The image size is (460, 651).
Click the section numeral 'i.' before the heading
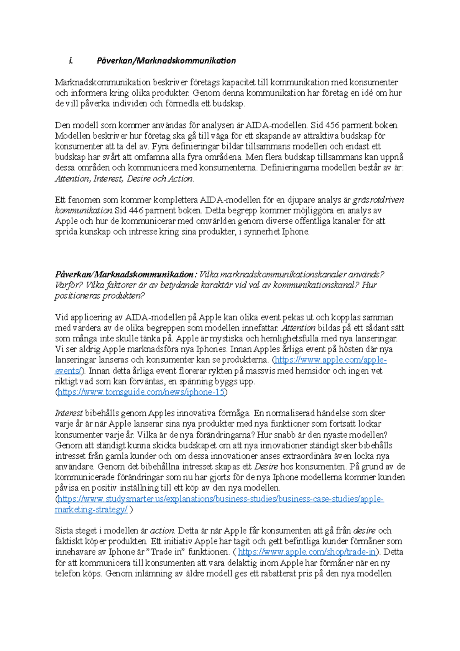pyautogui.click(x=71, y=61)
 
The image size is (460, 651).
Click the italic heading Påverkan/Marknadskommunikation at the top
pyautogui.click(x=166, y=61)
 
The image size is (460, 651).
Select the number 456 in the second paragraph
pyautogui.click(x=332, y=125)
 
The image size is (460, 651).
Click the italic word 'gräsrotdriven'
pyautogui.click(x=378, y=200)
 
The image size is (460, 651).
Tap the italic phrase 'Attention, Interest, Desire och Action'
pyautogui.click(x=124, y=179)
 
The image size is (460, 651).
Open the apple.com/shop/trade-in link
pyautogui.click(x=307, y=552)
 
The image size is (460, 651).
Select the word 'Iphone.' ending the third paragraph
pyautogui.click(x=296, y=232)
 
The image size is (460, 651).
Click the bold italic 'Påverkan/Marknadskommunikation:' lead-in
pyautogui.click(x=126, y=275)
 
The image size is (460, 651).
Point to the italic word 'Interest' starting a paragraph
pyautogui.click(x=69, y=413)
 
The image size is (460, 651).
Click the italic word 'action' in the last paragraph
pyautogui.click(x=162, y=531)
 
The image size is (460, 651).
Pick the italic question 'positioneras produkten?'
pyautogui.click(x=100, y=296)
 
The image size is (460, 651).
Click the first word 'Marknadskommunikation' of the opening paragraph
pyautogui.click(x=103, y=82)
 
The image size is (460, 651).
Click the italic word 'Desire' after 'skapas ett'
pyautogui.click(x=266, y=467)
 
